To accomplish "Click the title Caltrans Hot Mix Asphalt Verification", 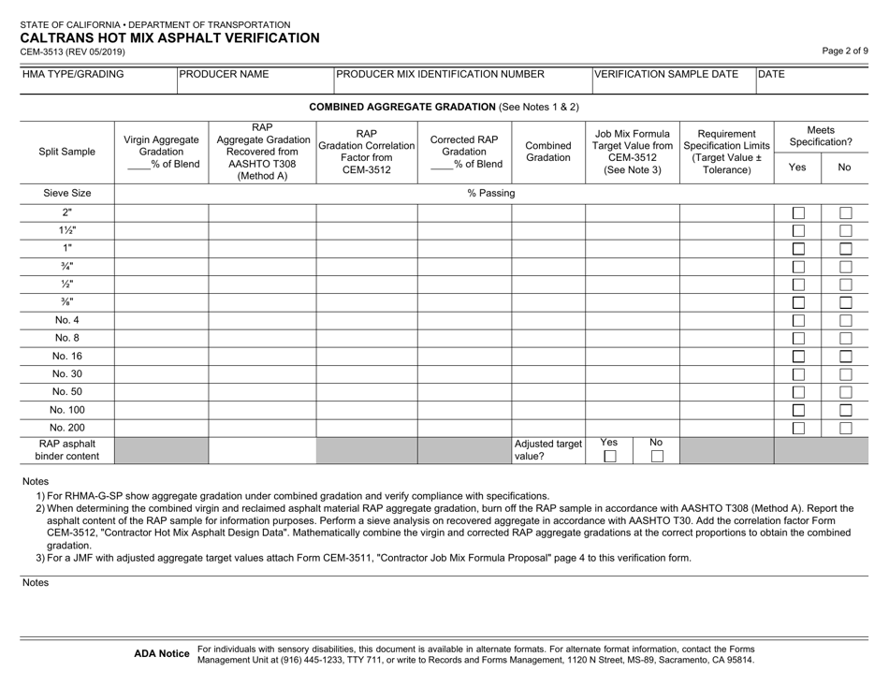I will coord(169,38).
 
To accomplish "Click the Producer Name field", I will coord(255,81).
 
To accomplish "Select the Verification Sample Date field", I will coord(673,81).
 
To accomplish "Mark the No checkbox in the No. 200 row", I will coord(844,428).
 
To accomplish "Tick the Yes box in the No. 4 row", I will coord(797,320).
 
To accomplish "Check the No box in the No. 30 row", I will coord(844,374).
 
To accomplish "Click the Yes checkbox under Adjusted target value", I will coord(609,456).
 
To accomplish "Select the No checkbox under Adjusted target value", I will coord(656,456).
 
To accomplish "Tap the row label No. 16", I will coord(67,356).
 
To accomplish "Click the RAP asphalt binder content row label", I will coord(67,449).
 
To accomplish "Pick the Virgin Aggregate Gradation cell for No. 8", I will coord(161,338).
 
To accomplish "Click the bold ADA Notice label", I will coord(163,652).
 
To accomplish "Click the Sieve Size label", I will coord(67,194).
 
